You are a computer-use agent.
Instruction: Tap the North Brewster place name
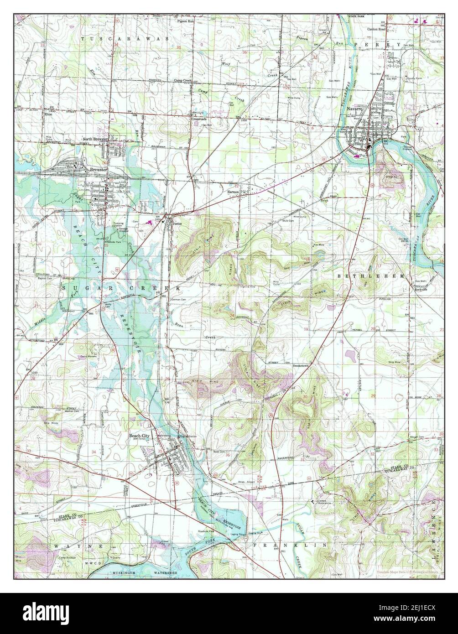point(94,139)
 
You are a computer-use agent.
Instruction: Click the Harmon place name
point(234,192)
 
